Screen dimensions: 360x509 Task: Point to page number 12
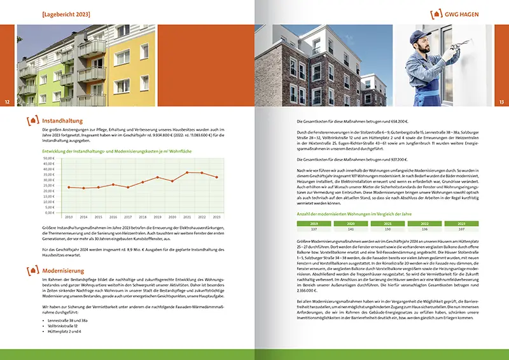pyautogui.click(x=7, y=102)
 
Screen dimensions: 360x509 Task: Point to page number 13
pyautogui.click(x=501, y=102)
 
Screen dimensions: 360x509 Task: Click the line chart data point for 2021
pyautogui.click(x=188, y=172)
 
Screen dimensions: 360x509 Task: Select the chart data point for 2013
pyautogui.click(x=69, y=187)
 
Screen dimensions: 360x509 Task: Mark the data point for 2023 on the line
pyautogui.click(x=218, y=177)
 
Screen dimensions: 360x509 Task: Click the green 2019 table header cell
pyautogui.click(x=313, y=224)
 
